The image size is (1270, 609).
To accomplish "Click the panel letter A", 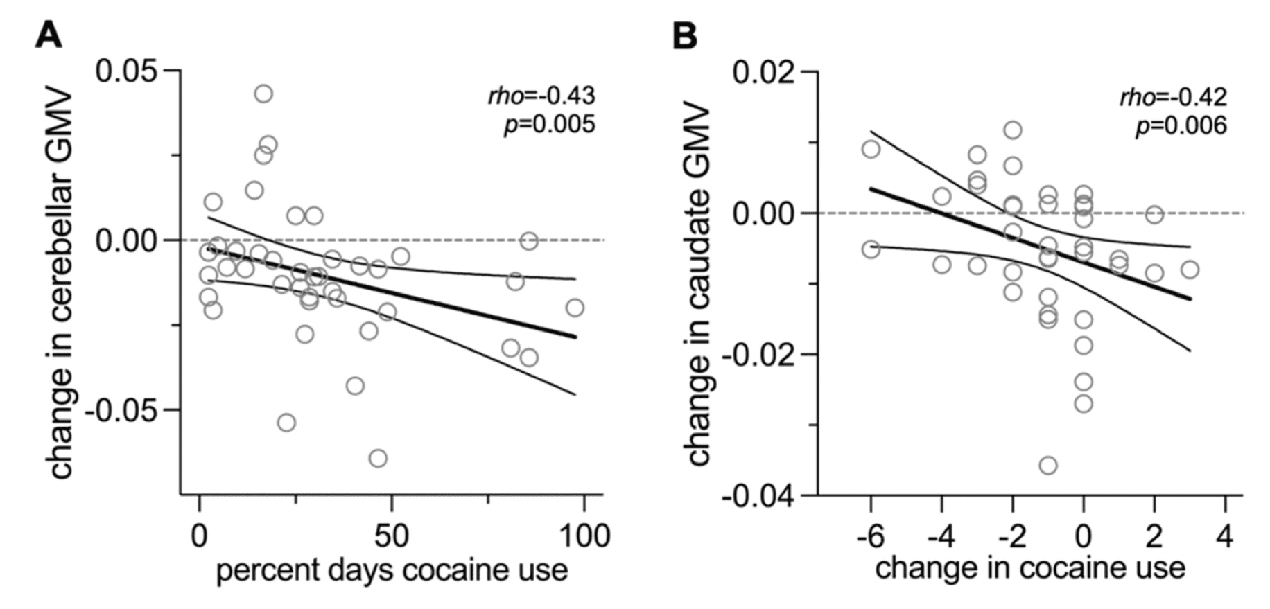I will click(49, 35).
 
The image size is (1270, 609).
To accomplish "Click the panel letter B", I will click(685, 35).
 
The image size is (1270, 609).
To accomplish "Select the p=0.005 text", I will click(549, 125).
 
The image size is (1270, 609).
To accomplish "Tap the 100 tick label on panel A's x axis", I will click(584, 536).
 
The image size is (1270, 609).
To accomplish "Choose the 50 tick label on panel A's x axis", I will click(392, 536).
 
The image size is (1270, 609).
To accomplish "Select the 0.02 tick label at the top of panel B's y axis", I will click(767, 72).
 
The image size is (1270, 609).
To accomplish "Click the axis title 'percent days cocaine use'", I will click(392, 571).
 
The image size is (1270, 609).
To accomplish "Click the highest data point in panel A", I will click(263, 94).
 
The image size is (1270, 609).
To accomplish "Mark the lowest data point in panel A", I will click(378, 458).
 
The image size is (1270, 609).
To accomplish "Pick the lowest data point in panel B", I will click(1048, 465).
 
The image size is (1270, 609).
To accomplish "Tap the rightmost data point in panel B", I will click(1190, 270).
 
